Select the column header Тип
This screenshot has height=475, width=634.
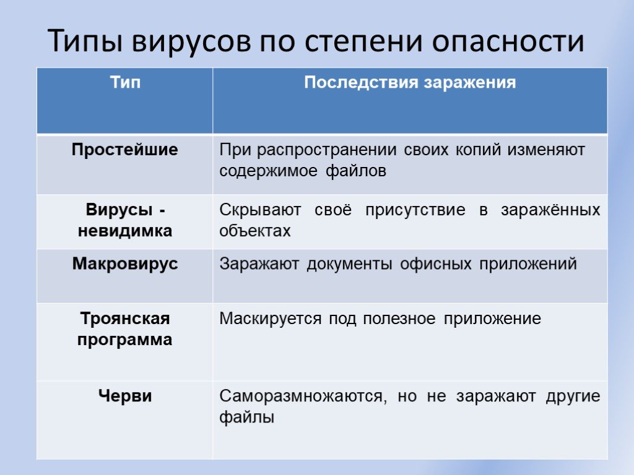tap(125, 82)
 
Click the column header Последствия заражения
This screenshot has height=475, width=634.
tap(410, 82)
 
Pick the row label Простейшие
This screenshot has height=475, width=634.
tap(125, 150)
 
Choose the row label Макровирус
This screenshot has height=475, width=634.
tap(125, 264)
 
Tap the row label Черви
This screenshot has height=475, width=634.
tap(125, 395)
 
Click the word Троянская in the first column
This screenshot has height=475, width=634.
tap(125, 319)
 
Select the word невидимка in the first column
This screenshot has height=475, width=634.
tap(125, 231)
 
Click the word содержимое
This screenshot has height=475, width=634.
tap(269, 171)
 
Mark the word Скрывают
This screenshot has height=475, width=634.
tap(260, 210)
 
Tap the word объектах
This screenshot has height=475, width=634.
tap(254, 231)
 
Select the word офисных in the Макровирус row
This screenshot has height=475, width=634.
tap(436, 264)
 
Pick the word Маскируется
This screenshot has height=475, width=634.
tap(271, 319)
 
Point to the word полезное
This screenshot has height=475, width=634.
tap(399, 319)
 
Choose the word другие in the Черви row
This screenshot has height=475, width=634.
tap(573, 396)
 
